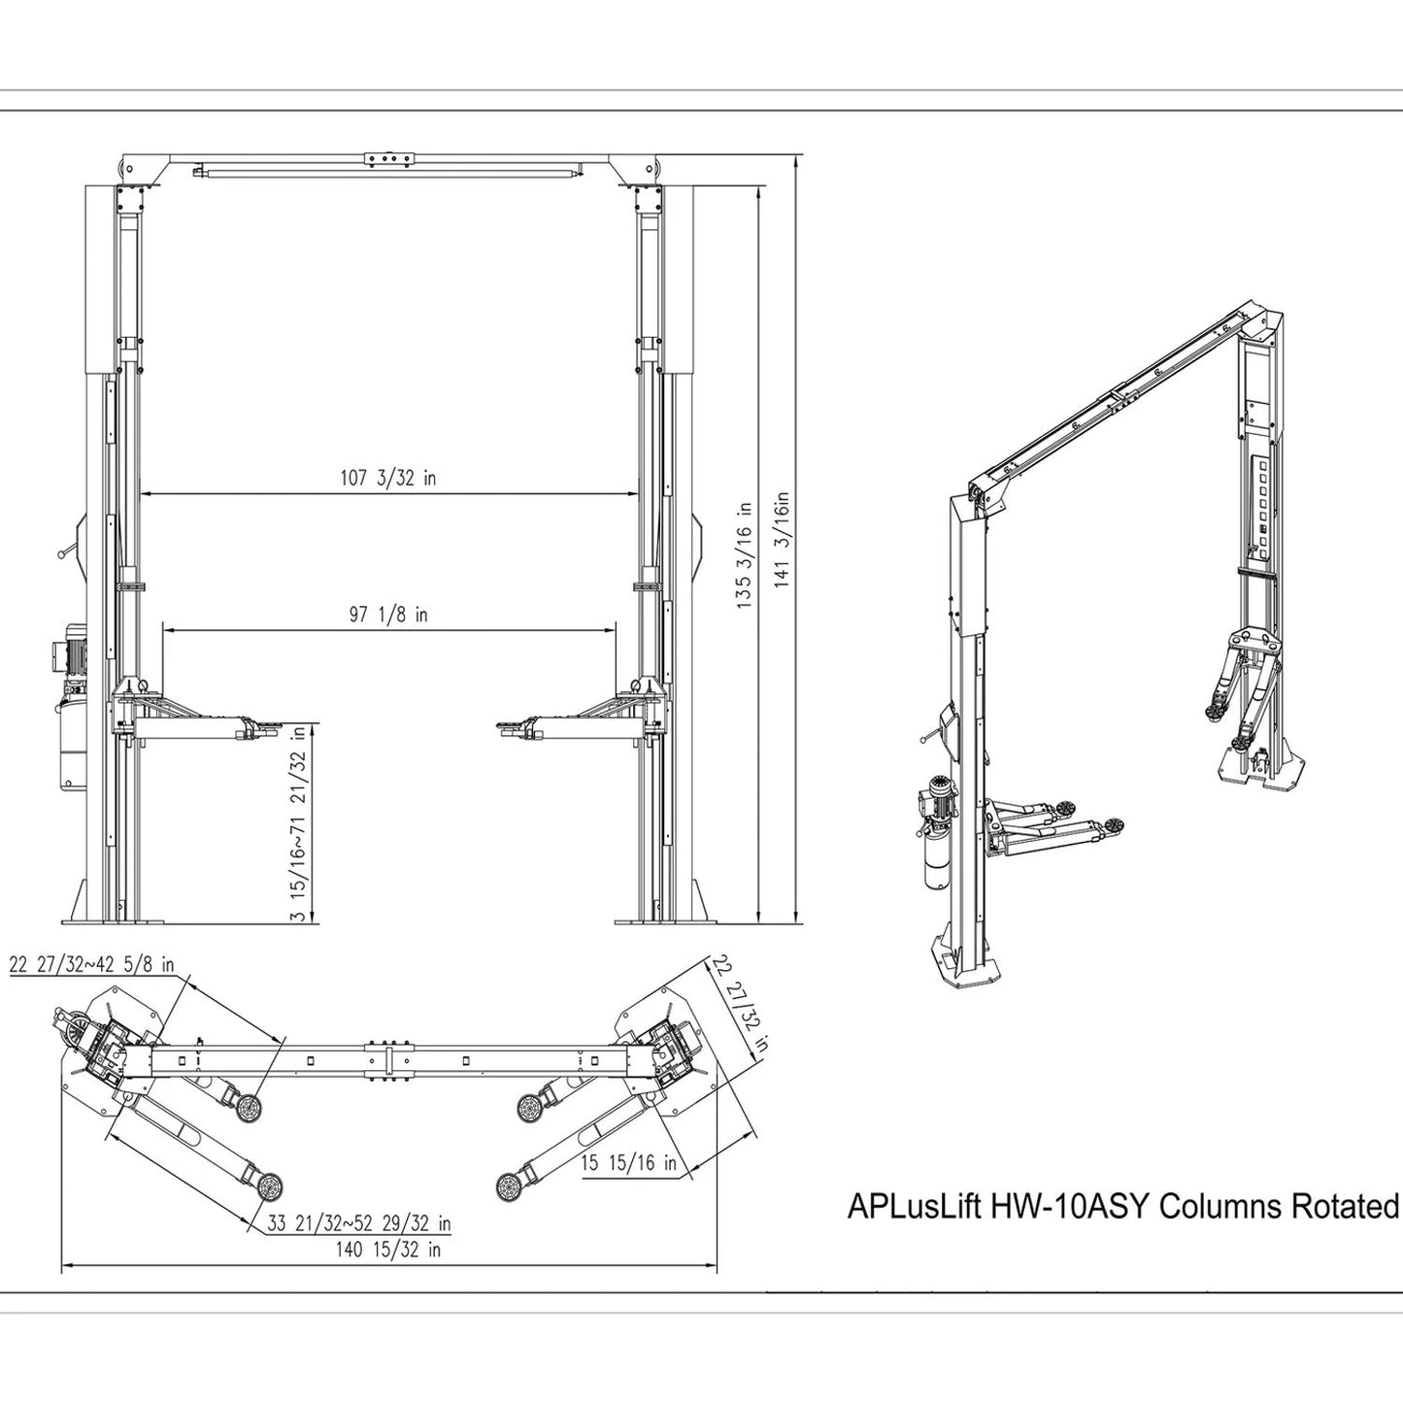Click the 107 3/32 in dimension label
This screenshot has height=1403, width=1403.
tap(387, 478)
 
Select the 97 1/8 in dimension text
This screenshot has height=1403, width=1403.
tap(388, 615)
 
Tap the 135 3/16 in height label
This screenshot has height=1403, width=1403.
tap(745, 555)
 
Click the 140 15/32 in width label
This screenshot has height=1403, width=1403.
tap(388, 1249)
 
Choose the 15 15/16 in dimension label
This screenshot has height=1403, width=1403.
tap(629, 1163)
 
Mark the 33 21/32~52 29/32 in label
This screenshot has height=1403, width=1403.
tap(359, 1223)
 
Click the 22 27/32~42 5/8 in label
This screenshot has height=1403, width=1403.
tap(92, 965)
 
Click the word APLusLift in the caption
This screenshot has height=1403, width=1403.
tap(916, 1207)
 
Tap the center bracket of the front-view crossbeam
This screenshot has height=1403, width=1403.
tap(388, 159)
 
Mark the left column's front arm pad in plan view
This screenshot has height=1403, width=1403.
tap(269, 1186)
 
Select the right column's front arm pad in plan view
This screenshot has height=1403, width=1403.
tap(507, 1186)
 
